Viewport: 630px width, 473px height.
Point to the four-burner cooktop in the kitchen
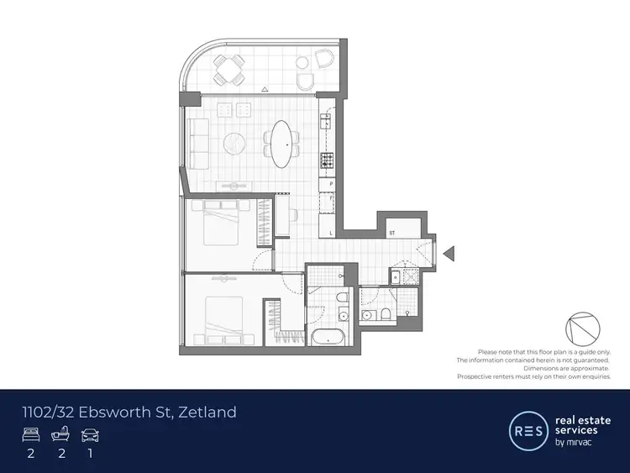pos(326,160)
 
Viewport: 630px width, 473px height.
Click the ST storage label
pos(391,232)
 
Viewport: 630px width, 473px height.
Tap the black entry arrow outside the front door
pos(449,252)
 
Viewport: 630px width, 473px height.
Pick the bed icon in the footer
pos(29,435)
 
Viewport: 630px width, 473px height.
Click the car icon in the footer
pos(90,435)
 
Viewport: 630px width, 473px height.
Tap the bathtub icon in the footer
pos(60,435)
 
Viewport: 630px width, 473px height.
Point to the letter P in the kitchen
pos(332,183)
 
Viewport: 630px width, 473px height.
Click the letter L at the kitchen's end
pos(332,233)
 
